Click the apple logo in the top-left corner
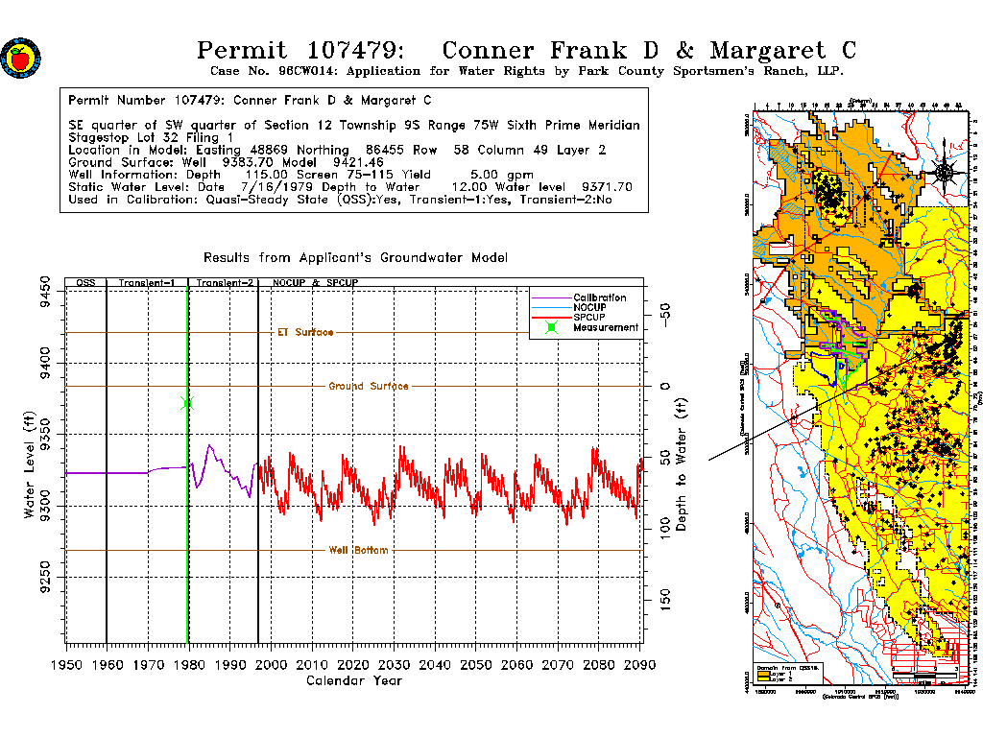[x=19, y=58]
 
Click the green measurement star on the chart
[x=187, y=403]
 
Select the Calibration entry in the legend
[x=600, y=297]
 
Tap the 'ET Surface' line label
[x=305, y=332]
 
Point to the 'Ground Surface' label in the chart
[x=369, y=386]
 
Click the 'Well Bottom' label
[x=359, y=550]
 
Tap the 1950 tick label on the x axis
[x=66, y=665]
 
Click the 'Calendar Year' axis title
[x=353, y=681]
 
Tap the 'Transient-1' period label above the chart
[x=146, y=283]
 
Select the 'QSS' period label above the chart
[x=85, y=283]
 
